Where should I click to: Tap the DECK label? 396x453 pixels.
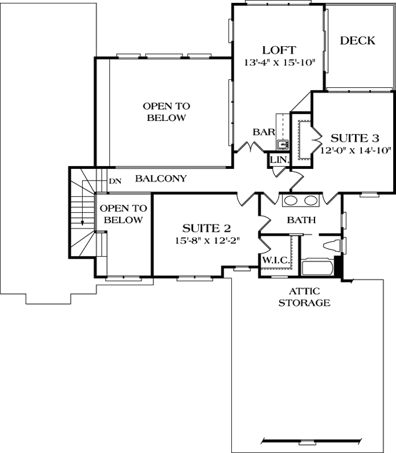click(x=357, y=40)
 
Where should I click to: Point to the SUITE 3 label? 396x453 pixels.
click(x=354, y=138)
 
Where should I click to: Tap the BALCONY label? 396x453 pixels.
click(x=161, y=179)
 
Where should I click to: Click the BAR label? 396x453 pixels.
click(x=263, y=132)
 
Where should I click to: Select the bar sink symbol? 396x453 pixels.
click(x=283, y=144)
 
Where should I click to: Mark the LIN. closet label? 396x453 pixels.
click(x=279, y=159)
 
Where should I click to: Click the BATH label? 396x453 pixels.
click(x=301, y=220)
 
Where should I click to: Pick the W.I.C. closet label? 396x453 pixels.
click(x=275, y=260)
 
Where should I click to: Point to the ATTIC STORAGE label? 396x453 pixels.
click(x=304, y=297)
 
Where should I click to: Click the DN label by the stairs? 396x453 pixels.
click(x=115, y=181)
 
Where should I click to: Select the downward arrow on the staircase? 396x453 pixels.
click(x=83, y=222)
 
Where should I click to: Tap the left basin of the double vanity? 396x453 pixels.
click(x=290, y=201)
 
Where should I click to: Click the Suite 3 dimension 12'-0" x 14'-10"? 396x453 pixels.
click(x=354, y=150)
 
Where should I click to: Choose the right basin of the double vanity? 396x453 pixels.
click(x=311, y=201)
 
